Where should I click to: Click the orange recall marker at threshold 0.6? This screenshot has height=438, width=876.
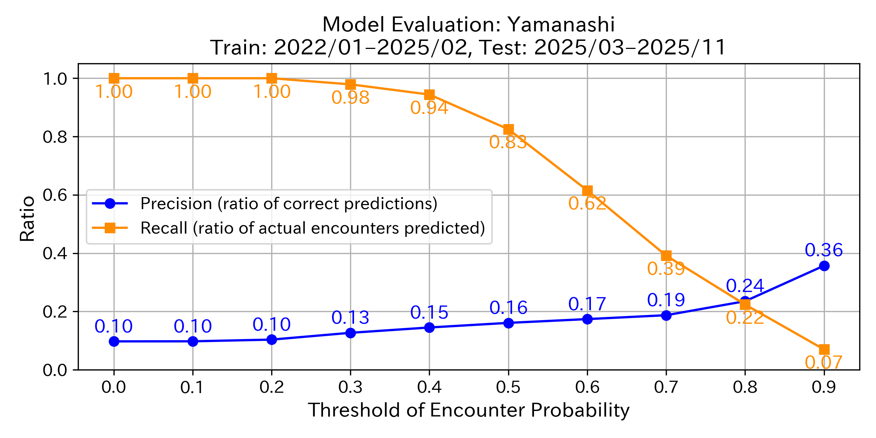click(x=587, y=191)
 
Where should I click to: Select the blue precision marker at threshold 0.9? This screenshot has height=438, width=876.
click(x=824, y=266)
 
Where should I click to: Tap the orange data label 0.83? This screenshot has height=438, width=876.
click(x=508, y=142)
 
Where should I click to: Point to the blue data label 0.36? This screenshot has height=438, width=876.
click(x=824, y=250)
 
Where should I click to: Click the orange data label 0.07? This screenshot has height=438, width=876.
click(x=824, y=362)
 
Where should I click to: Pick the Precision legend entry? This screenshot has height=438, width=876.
click(x=288, y=204)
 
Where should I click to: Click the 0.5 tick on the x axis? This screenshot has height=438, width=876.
click(x=508, y=387)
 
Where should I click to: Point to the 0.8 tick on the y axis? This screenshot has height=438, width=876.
click(x=55, y=137)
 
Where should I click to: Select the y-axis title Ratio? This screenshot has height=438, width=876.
click(x=27, y=219)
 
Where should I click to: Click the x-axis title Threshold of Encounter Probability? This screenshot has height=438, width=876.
click(x=469, y=410)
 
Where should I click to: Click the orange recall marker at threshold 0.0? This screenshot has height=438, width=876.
click(x=114, y=78)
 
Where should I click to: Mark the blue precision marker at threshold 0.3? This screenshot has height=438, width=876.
click(x=350, y=333)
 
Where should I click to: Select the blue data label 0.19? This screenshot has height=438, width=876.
click(x=666, y=300)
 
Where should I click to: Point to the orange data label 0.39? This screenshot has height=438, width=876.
click(x=666, y=269)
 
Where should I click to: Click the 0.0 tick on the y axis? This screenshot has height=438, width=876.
click(x=55, y=370)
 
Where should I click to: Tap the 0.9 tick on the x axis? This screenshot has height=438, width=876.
click(x=824, y=387)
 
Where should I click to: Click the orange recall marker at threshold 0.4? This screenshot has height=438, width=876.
click(x=429, y=95)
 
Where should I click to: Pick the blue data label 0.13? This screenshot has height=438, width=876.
click(x=350, y=318)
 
